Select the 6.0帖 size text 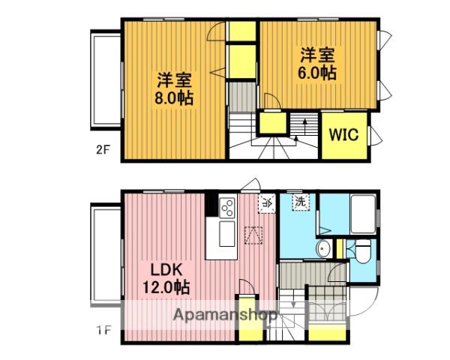[319, 73]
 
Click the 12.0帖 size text [166, 286]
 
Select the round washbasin [324, 250]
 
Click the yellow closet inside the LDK [247, 294]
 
